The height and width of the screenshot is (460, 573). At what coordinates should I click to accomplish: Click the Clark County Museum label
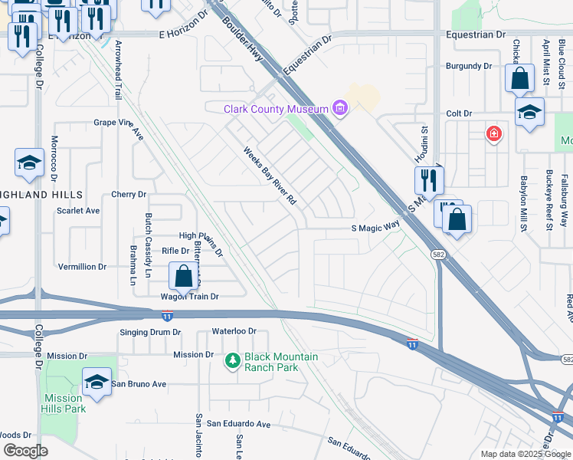click(277, 110)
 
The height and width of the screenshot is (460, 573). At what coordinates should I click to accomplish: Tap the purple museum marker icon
click(339, 110)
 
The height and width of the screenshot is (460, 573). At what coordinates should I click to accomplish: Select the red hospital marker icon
click(495, 134)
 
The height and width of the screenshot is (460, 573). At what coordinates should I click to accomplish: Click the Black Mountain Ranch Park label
click(280, 362)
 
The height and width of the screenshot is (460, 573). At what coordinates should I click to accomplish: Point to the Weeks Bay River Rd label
click(270, 176)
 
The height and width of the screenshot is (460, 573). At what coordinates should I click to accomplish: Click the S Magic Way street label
click(375, 227)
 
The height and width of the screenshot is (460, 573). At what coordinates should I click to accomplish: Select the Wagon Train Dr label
click(189, 297)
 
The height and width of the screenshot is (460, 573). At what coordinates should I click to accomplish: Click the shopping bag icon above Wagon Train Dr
click(184, 276)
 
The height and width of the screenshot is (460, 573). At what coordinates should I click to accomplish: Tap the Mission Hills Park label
click(64, 403)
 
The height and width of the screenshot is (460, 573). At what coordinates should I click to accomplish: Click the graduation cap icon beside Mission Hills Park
click(97, 382)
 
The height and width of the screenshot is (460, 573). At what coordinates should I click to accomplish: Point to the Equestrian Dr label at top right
click(476, 35)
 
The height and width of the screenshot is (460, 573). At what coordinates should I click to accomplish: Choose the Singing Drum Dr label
click(150, 332)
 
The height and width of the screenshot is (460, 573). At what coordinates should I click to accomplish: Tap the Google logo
click(25, 450)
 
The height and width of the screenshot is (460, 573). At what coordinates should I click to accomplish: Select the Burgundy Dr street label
click(468, 67)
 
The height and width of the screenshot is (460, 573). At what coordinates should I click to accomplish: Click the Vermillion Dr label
click(82, 267)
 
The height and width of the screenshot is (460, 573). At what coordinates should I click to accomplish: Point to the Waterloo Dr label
click(234, 331)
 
